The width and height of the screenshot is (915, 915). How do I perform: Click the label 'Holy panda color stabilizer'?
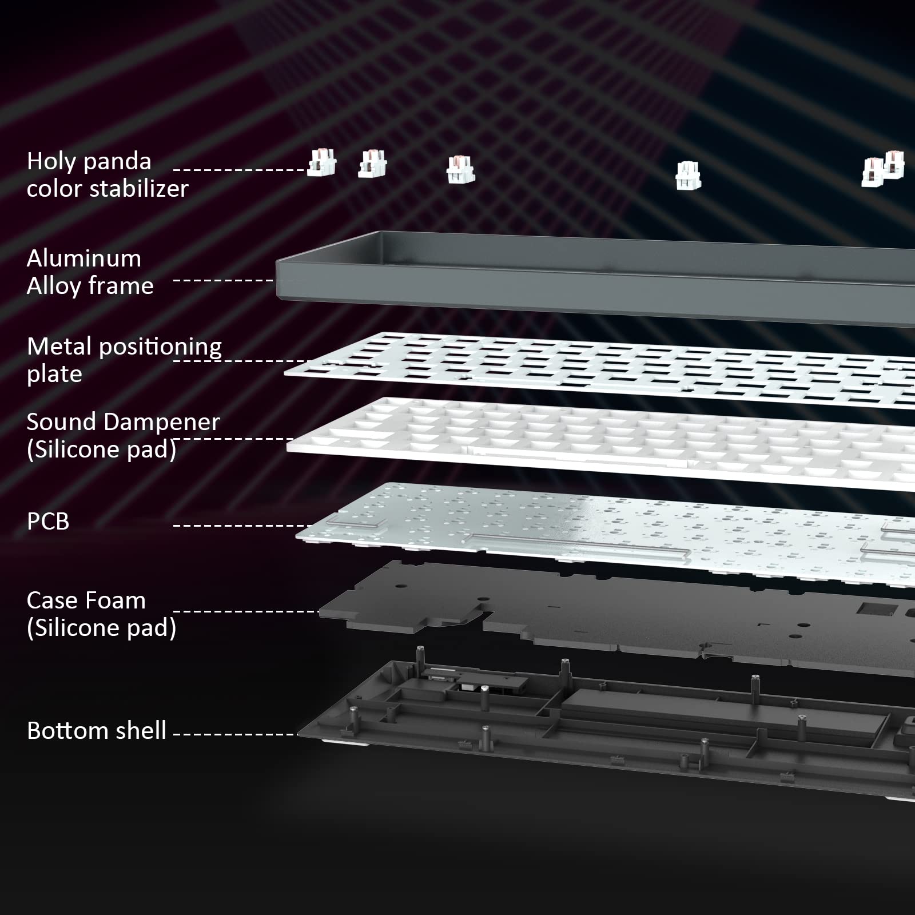click(x=108, y=175)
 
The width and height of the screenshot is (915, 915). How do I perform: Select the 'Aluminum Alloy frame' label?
click(x=90, y=272)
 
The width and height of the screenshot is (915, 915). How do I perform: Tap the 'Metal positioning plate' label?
click(x=124, y=360)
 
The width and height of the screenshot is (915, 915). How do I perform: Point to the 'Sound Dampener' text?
click(x=123, y=422)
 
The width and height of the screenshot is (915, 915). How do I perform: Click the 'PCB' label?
click(x=48, y=522)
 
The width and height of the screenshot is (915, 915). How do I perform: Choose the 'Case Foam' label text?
click(x=86, y=600)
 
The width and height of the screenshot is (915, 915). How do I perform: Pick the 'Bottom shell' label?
click(x=97, y=731)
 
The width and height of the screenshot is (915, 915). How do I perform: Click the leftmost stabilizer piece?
click(x=322, y=163)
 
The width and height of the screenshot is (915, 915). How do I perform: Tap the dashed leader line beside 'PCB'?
click(x=242, y=525)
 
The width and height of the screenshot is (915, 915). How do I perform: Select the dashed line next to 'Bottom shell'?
click(x=236, y=734)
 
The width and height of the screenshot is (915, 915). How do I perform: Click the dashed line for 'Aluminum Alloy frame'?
click(x=223, y=280)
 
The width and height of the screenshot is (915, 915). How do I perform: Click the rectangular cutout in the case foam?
click(x=873, y=608)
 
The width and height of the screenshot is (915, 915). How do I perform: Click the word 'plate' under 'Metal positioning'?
click(x=54, y=375)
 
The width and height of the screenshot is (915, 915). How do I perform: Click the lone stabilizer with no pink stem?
click(x=688, y=176)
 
